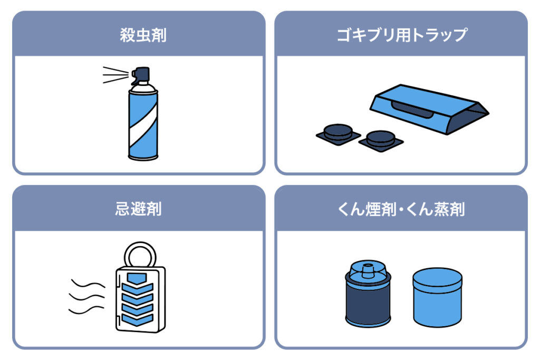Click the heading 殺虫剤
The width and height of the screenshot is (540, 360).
143,35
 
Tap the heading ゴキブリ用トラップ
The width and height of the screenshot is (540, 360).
401,35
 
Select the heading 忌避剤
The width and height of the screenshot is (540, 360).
139,209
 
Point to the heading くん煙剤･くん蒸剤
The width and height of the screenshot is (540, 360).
401,209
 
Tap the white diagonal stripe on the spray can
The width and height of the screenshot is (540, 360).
143,125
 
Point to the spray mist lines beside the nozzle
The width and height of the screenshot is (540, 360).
115,75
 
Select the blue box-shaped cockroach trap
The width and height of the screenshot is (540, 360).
429,109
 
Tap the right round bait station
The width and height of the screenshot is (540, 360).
381,140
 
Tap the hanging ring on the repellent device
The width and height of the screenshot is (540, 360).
140,255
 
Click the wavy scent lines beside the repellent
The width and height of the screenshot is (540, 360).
87,296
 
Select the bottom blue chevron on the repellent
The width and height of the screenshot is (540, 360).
138,319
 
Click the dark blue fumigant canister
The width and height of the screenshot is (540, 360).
368,294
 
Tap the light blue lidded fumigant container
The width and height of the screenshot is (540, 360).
437,297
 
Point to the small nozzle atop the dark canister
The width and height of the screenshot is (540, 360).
368,270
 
